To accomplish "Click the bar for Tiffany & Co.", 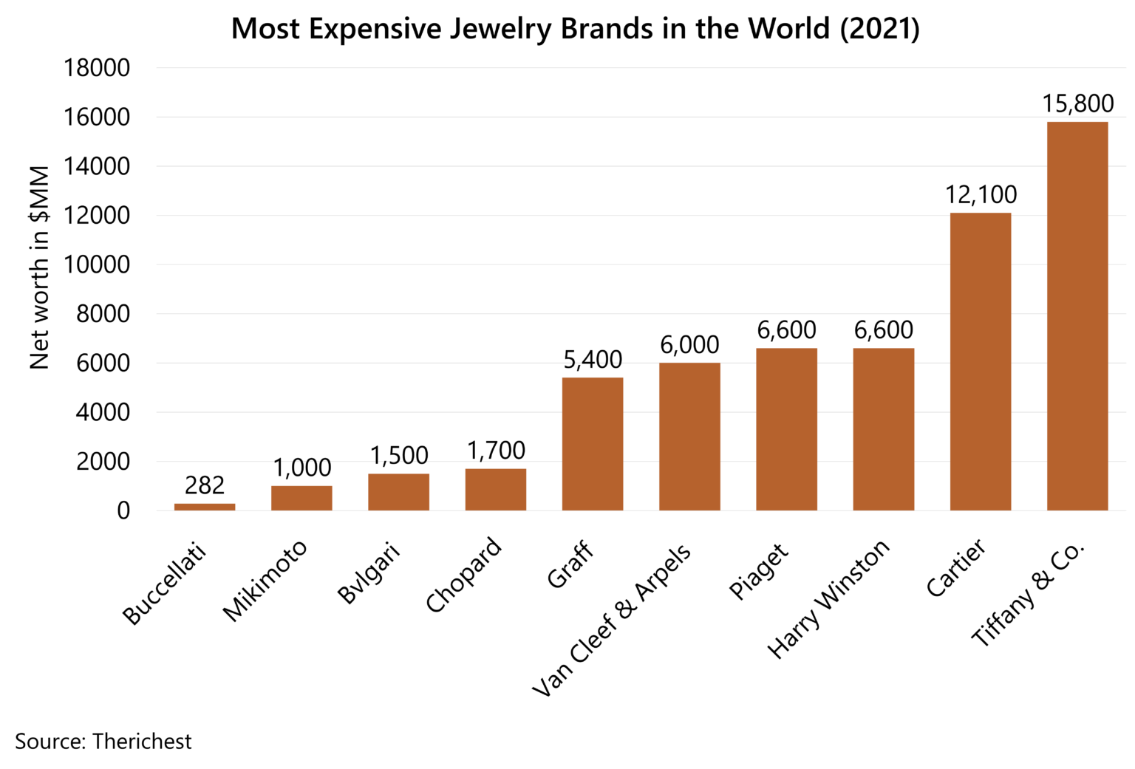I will [x=1077, y=316].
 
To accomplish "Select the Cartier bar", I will [x=980, y=361].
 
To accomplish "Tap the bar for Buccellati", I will [x=205, y=507].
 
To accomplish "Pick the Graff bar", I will [x=592, y=444].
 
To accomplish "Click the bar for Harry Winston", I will [x=883, y=429].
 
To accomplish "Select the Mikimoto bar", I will [x=301, y=498].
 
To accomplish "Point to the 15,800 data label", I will [x=1077, y=104].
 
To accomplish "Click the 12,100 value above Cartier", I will [x=981, y=195].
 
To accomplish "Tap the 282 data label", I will [x=205, y=485].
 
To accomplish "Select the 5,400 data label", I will [x=593, y=360].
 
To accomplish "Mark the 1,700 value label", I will [x=496, y=451].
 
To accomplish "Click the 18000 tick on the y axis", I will [x=97, y=68].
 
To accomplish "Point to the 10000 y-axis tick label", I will [x=97, y=264].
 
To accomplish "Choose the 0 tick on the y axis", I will [x=123, y=510].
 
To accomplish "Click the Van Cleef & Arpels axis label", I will [x=612, y=621].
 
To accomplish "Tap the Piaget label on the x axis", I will [x=759, y=572].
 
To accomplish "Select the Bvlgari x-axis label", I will [x=369, y=573].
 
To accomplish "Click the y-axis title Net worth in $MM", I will [x=39, y=267].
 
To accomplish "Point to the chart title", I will [x=575, y=29].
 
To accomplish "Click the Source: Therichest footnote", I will [x=103, y=741].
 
